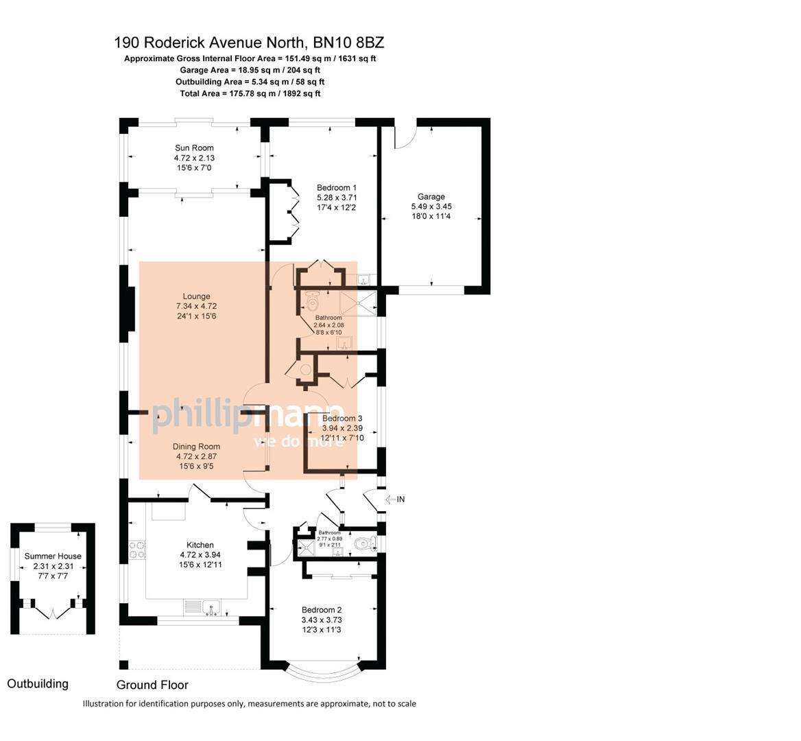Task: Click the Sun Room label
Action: pos(194,148)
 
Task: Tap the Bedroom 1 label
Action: pos(336,187)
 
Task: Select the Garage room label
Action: pos(431,197)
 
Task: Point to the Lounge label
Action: pos(196,296)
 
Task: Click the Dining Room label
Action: pos(196,447)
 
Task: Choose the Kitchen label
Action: pos(200,545)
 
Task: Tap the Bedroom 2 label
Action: pos(322,610)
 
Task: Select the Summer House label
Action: pos(53,556)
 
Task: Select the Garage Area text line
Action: pos(250,70)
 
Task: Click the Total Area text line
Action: pos(250,93)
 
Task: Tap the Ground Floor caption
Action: pos(152,685)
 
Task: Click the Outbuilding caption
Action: pos(38,683)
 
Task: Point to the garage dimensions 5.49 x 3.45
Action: pos(431,207)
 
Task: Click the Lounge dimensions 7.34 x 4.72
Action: pos(196,306)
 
